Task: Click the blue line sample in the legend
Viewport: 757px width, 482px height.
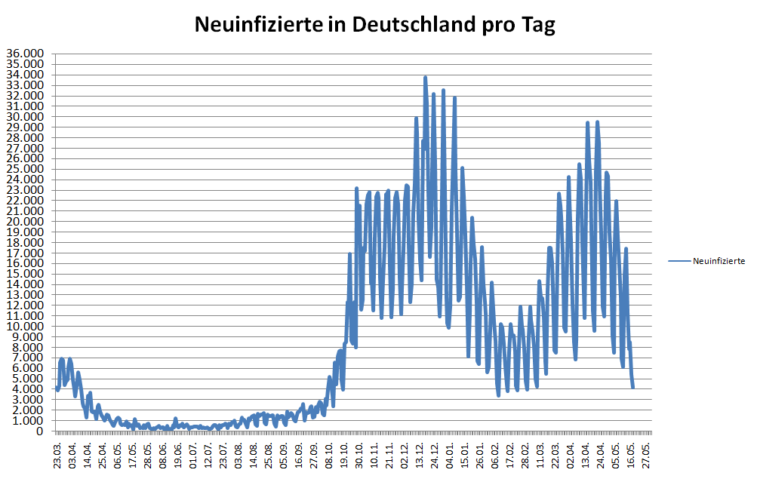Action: (679, 261)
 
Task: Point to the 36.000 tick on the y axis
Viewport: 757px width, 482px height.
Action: (25, 54)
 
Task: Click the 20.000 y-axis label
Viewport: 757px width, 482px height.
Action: (25, 222)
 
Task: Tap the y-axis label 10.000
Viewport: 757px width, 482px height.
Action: (25, 327)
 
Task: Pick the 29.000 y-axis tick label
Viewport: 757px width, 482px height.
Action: (25, 127)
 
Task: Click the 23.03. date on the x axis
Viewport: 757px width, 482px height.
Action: (58, 455)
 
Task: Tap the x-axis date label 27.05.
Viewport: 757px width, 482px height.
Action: (645, 455)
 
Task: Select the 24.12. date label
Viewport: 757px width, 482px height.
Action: (434, 455)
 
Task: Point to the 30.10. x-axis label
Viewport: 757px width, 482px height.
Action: (359, 455)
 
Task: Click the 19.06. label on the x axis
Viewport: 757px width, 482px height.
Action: (178, 455)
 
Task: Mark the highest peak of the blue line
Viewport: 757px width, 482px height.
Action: (426, 78)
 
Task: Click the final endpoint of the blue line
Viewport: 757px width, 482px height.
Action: (633, 388)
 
